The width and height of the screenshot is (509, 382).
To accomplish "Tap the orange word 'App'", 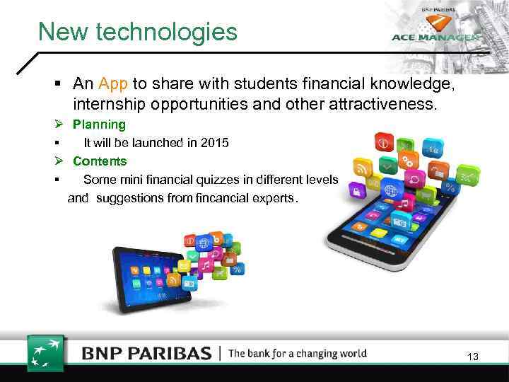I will coord(113,83).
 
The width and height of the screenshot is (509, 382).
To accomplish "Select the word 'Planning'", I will coord(99,125).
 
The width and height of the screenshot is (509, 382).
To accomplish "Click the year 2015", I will coord(214,143).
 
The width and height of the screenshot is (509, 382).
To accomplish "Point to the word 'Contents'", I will coord(100,161).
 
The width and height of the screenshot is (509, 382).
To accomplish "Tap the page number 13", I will coord(473,357).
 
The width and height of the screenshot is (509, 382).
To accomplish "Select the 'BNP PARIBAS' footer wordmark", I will coord(146,353).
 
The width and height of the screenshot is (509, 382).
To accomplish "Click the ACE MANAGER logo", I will coord(436,37).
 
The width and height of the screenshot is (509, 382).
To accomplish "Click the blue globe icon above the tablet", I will coord(203,243).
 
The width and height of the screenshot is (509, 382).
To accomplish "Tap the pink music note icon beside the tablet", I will coord(206,265).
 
